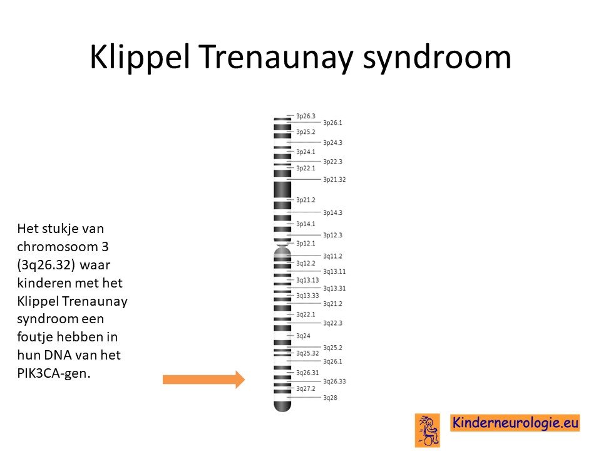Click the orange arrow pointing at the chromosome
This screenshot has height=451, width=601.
(x=203, y=380)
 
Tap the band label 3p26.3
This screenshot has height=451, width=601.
(x=306, y=116)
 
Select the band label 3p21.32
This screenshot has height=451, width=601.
(x=334, y=179)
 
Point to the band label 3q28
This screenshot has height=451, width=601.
(x=330, y=398)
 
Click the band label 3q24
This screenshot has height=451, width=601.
(x=303, y=336)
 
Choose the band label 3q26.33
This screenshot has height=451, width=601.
(x=334, y=381)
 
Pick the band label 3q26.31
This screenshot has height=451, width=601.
(x=307, y=372)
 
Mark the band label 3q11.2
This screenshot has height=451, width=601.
(x=332, y=256)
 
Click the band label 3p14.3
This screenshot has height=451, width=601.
(x=332, y=212)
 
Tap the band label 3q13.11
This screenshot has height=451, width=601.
(x=334, y=271)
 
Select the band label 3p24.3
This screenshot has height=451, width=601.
(x=332, y=142)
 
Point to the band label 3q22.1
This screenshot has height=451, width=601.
(x=306, y=314)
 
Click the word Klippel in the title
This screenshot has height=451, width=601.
(x=140, y=58)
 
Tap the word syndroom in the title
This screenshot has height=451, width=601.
(x=437, y=58)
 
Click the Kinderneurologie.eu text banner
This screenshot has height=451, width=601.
(x=515, y=423)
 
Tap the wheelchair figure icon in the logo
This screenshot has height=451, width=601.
(x=428, y=430)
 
